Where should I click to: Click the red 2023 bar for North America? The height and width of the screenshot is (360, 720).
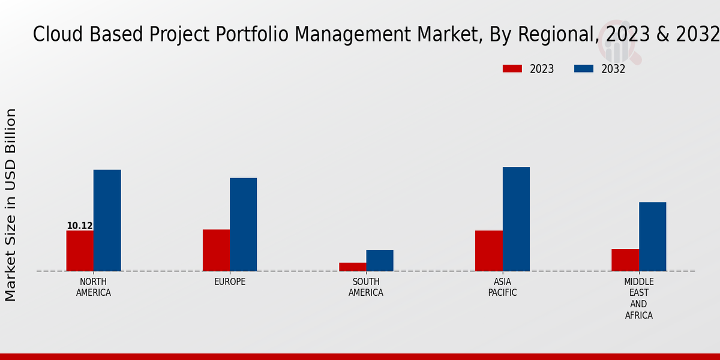pyautogui.click(x=80, y=251)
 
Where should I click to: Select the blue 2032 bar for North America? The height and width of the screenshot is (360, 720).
pyautogui.click(x=107, y=220)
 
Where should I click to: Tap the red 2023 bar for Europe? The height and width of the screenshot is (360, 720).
pyautogui.click(x=216, y=250)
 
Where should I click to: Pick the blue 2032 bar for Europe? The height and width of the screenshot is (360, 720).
pyautogui.click(x=243, y=224)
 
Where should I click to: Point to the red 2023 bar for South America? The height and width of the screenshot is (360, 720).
pyautogui.click(x=352, y=267)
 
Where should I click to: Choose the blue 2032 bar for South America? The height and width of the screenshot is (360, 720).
pyautogui.click(x=380, y=260)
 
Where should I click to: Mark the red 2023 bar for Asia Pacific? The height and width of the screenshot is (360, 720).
pyautogui.click(x=488, y=251)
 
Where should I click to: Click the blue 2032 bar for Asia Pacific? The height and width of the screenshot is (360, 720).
pyautogui.click(x=516, y=219)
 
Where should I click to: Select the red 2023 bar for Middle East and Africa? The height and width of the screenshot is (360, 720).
pyautogui.click(x=625, y=260)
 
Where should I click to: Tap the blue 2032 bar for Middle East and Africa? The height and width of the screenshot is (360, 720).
pyautogui.click(x=652, y=236)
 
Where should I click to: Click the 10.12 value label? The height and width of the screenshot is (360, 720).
pyautogui.click(x=80, y=226)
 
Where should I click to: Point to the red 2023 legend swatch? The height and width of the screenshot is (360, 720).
pyautogui.click(x=512, y=69)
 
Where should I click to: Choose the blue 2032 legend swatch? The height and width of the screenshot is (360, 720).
pyautogui.click(x=583, y=69)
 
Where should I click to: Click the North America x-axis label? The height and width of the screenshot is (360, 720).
pyautogui.click(x=94, y=287)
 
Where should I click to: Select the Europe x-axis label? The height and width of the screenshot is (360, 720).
pyautogui.click(x=230, y=282)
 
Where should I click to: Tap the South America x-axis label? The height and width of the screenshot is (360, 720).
pyautogui.click(x=366, y=287)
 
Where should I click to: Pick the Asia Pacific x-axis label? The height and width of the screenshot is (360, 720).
pyautogui.click(x=502, y=287)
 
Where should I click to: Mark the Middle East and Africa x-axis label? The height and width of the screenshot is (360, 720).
pyautogui.click(x=639, y=298)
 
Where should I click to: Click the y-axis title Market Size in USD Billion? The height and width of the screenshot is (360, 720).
pyautogui.click(x=11, y=205)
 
